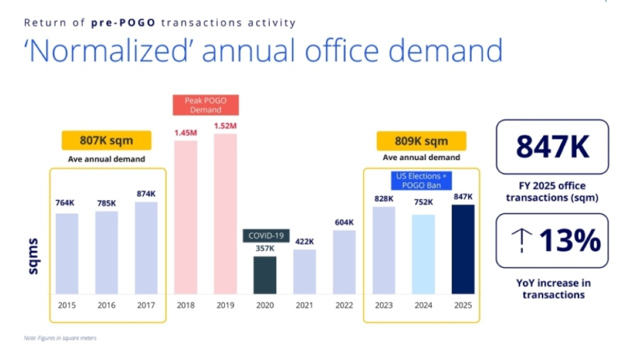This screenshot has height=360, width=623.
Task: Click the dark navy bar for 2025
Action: coord(463,249)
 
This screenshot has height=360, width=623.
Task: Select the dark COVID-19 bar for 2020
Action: coord(265,275)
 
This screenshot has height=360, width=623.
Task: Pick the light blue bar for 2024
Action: coord(424,254)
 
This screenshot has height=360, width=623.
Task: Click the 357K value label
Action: coord(265,248)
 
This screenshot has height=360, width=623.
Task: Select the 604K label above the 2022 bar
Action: coord(344,222)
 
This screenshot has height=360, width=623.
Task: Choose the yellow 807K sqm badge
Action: coord(106,141)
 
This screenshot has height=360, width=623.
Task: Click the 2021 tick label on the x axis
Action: coord(304,305)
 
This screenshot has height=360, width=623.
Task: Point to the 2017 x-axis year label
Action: coord(146,305)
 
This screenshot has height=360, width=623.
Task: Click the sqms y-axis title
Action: coord(34,255)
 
